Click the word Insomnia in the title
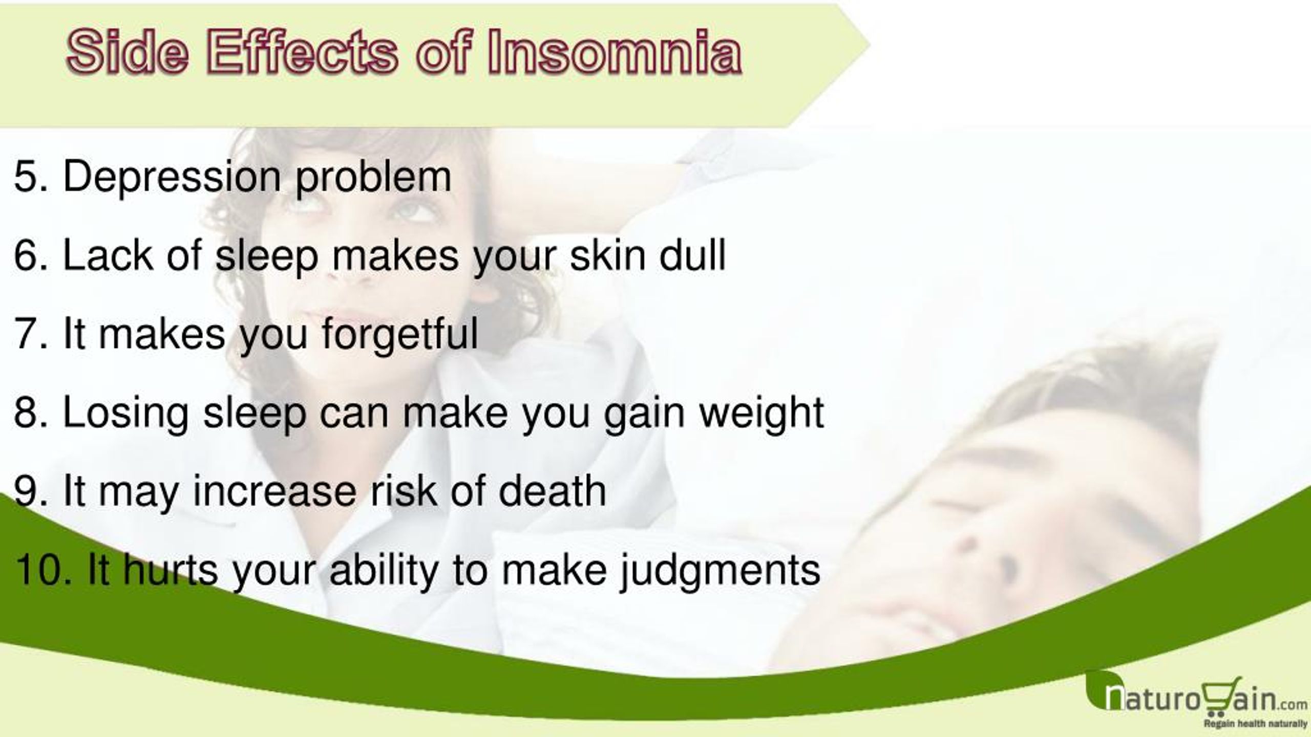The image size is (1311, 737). (614, 52)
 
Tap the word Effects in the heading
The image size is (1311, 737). (302, 52)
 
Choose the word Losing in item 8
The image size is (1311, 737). (126, 414)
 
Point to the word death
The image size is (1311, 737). (553, 491)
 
